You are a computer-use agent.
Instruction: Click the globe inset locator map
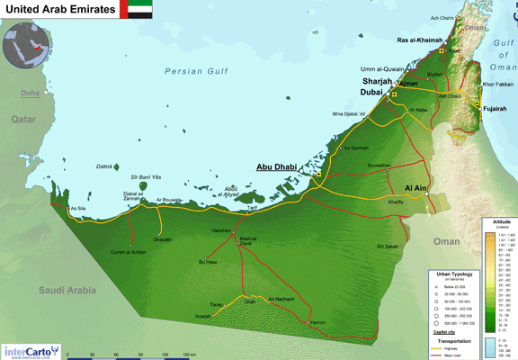[x=26, y=46]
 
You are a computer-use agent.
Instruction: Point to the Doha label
[x=31, y=93]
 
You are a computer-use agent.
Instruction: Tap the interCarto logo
[x=31, y=350]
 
